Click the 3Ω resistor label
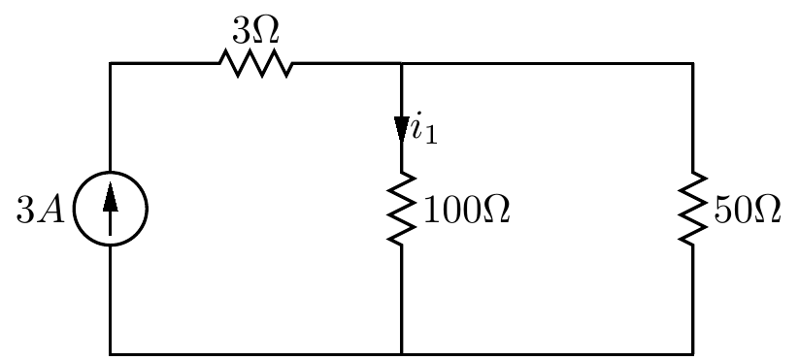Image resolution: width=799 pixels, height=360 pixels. click(255, 30)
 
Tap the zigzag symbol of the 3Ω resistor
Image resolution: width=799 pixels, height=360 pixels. click(255, 64)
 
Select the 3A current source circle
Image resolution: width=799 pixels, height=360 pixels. click(110, 209)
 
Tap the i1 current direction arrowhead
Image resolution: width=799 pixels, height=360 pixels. click(401, 128)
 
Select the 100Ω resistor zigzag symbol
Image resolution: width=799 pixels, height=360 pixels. click(401, 209)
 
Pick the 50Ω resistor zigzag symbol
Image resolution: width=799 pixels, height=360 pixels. click(692, 209)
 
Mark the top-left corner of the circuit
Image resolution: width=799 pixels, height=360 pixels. click(111, 64)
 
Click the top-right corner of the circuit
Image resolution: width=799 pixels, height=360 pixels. click(692, 64)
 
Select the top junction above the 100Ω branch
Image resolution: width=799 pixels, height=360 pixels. click(401, 64)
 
